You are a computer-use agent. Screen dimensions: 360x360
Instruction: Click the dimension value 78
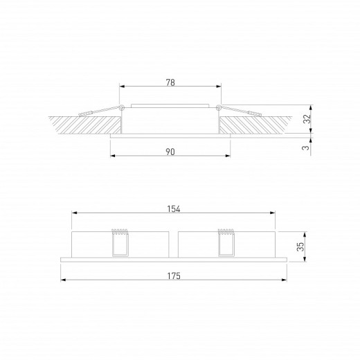170,82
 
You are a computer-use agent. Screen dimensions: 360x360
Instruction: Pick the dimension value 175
174,276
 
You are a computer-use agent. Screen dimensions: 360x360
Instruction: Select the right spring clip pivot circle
219,107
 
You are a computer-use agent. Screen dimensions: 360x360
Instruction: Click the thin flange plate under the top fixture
170,136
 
